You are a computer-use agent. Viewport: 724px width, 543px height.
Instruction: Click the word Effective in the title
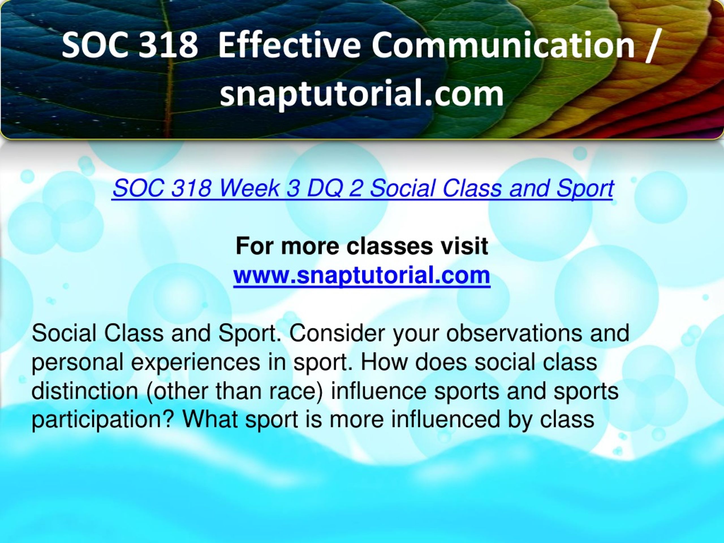[289, 45]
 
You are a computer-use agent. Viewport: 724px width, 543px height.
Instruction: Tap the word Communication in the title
[503, 45]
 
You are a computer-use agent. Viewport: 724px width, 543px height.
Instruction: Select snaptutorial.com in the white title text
[362, 94]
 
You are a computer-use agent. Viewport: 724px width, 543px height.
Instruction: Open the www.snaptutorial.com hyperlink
[362, 275]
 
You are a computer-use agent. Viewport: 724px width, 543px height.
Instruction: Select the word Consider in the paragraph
[337, 333]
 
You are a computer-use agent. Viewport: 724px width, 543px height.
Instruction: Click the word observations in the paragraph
[514, 333]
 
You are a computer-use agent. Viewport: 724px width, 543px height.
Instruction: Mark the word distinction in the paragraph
[85, 391]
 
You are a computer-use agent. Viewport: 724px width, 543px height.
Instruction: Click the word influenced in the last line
[446, 420]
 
